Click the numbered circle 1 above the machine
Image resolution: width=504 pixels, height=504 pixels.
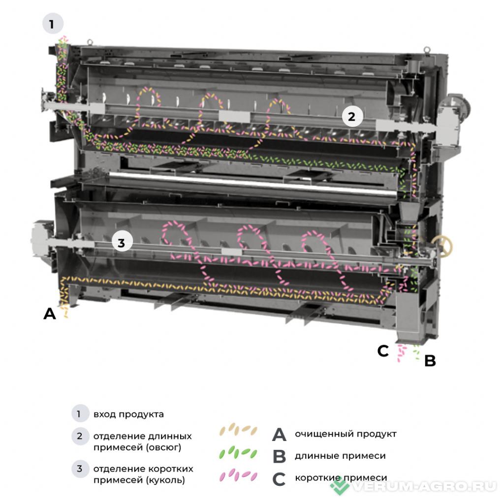point(53,24)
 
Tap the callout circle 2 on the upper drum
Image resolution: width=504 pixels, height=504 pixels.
point(352,116)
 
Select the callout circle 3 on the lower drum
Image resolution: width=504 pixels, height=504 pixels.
point(122,242)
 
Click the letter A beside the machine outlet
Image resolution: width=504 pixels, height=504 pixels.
point(50,314)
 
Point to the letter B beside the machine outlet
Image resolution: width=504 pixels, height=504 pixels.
point(430,361)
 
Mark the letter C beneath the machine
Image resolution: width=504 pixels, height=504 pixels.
point(383,351)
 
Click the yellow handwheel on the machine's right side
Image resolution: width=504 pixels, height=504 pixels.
point(443,247)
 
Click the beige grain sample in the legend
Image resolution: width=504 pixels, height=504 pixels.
point(238,429)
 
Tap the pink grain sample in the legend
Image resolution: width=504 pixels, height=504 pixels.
point(238,475)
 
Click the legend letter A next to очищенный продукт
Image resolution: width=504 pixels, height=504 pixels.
point(279,435)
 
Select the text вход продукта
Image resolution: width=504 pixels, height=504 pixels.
point(128,414)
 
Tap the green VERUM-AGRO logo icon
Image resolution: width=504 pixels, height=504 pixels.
point(340,486)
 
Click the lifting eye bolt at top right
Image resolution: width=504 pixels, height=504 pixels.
point(426,50)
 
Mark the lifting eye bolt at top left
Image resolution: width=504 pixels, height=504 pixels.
point(90,42)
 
